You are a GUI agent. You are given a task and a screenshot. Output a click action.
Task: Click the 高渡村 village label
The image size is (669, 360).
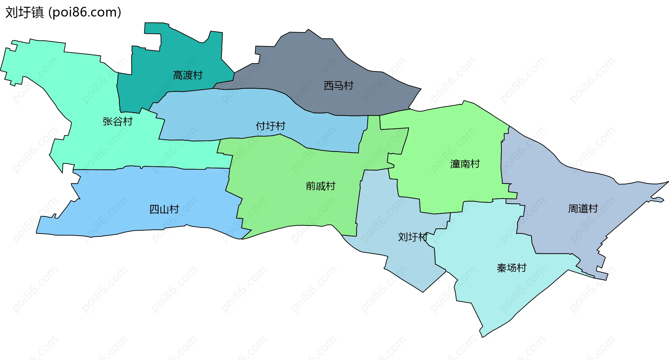187,75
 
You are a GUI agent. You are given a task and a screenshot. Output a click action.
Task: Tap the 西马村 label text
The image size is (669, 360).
338,86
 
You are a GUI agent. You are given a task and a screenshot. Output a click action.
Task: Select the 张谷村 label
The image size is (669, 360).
117,122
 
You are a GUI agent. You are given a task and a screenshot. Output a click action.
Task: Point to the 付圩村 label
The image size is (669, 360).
270,126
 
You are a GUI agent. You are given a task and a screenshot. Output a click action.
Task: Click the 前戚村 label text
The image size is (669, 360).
320,186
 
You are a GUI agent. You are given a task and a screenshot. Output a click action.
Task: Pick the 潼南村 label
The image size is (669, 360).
465,164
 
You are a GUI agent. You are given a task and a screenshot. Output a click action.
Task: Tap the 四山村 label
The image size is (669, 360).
164,209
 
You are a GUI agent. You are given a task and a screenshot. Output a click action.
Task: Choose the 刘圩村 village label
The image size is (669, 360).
413,237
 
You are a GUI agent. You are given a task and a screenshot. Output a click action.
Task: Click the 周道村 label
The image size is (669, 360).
583,209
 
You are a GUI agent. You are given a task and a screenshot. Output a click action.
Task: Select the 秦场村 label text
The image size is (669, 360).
511,268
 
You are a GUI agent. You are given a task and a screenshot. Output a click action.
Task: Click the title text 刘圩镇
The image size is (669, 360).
24,13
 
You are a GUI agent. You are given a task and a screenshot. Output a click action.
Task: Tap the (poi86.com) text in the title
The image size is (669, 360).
85,13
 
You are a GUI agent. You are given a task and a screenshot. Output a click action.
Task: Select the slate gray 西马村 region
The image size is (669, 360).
314,63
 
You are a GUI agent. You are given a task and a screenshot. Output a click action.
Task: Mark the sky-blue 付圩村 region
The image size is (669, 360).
226,115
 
